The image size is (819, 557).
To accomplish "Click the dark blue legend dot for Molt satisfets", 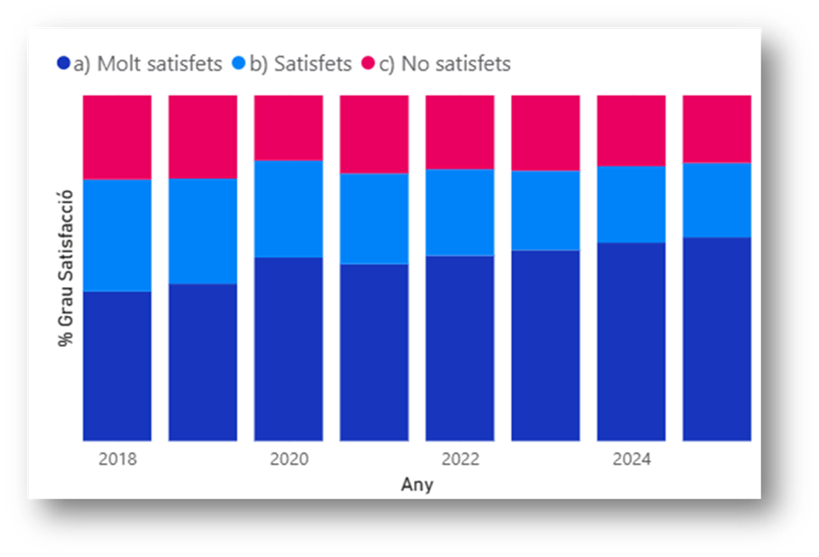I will (63, 64).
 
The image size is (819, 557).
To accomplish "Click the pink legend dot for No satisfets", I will (368, 64).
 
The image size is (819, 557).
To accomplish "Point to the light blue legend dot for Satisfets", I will (238, 64).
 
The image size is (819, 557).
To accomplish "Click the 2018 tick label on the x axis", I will (117, 460).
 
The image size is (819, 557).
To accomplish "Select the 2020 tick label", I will (289, 460).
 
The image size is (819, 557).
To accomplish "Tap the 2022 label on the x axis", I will (460, 460).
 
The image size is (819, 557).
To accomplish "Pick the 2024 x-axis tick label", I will (631, 460).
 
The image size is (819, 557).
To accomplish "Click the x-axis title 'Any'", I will (417, 485).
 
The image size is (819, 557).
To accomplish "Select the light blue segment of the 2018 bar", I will (117, 235).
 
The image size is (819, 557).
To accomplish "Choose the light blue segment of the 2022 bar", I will (460, 212).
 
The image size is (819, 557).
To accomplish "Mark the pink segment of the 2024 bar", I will (631, 130).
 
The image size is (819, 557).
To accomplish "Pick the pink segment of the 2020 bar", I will (289, 127).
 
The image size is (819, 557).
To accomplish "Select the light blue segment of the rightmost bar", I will (716, 200).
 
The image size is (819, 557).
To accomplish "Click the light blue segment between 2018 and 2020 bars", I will (203, 231).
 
